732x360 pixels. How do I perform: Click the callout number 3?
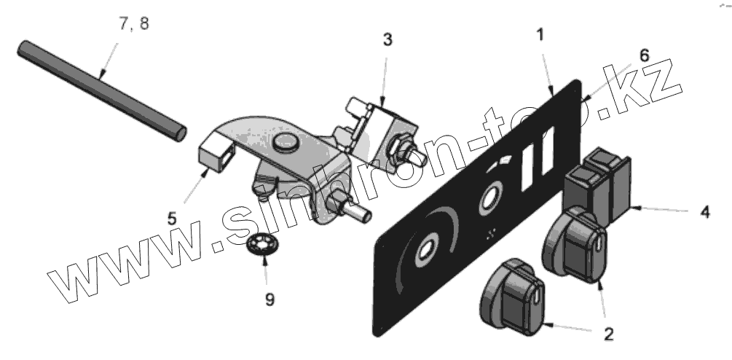(387, 39)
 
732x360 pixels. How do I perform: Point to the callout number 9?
(269, 300)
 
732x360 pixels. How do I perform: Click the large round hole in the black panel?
(425, 250)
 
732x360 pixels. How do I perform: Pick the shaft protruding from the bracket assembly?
(357, 214)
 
